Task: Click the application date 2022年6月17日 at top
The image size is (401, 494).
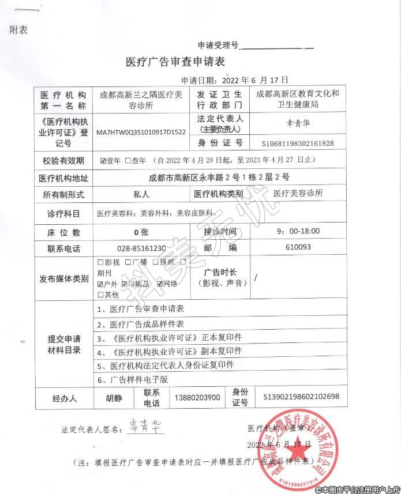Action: click(x=250, y=80)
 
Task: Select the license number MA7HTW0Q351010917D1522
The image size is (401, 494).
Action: click(x=141, y=132)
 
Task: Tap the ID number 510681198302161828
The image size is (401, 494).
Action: click(x=298, y=143)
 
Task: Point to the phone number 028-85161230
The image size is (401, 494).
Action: click(x=141, y=248)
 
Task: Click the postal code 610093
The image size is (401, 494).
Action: click(x=298, y=247)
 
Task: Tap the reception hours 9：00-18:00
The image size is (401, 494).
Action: click(x=298, y=231)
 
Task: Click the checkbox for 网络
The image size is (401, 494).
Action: click(x=158, y=284)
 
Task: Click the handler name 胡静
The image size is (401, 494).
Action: click(x=114, y=398)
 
